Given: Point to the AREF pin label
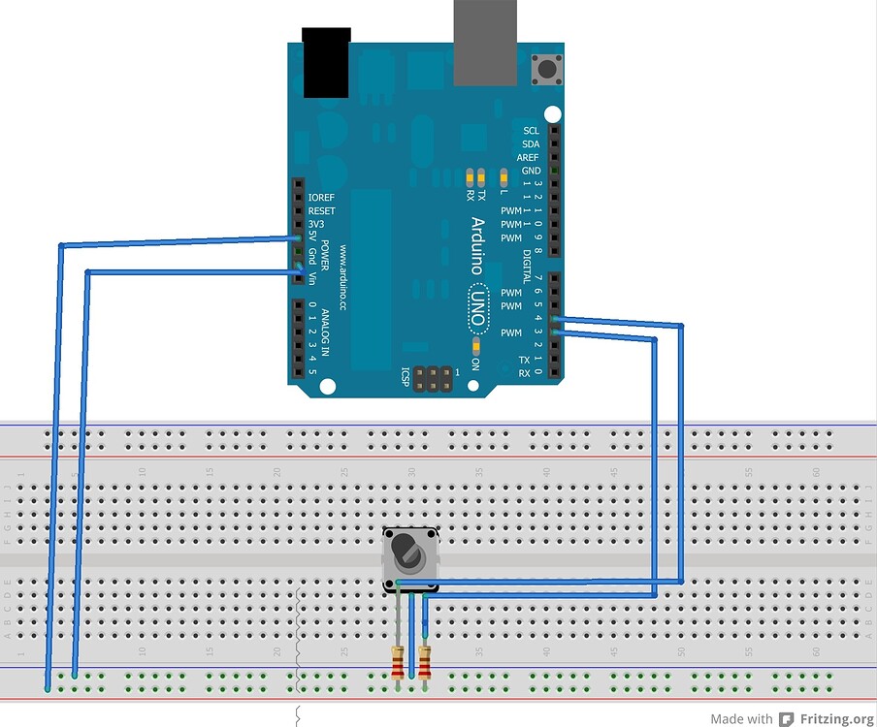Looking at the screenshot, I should pos(528,157).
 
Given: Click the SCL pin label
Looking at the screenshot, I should pos(530,131).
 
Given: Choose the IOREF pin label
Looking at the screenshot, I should pos(321,197).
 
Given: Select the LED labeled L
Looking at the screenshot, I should pos(503,176).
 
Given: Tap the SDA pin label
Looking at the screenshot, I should pos(530,143).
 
